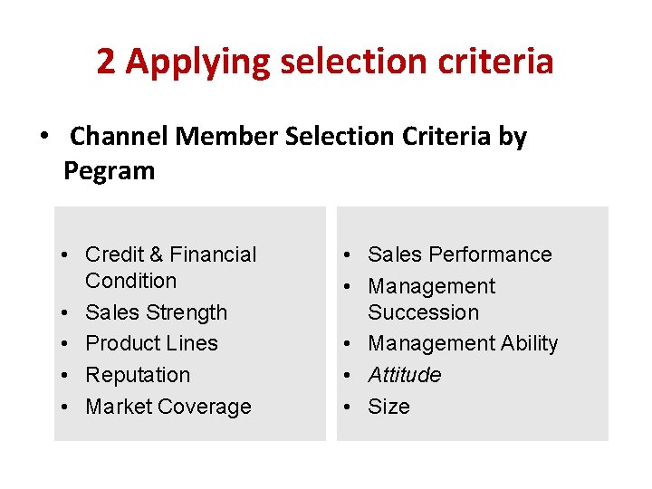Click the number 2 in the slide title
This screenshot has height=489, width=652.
(106, 62)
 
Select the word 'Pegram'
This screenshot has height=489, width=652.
(109, 170)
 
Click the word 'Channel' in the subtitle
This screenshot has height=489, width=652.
(119, 137)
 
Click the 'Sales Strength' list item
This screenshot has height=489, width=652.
(156, 312)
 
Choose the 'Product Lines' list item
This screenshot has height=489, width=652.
(151, 343)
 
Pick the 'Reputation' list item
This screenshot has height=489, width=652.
(138, 375)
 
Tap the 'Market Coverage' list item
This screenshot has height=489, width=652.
(168, 407)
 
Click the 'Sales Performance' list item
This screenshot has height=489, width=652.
(459, 254)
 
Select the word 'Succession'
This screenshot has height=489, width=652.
(423, 312)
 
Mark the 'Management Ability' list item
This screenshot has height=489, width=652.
(463, 343)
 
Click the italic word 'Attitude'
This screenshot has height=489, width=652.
(405, 375)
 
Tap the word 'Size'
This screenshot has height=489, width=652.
(388, 407)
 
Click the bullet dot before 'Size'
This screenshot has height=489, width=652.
(349, 407)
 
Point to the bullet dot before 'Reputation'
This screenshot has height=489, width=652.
(66, 375)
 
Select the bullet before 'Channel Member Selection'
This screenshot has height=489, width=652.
(43, 138)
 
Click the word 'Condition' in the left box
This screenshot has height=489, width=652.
(130, 281)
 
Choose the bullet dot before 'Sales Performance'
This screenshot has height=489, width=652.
(349, 254)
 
